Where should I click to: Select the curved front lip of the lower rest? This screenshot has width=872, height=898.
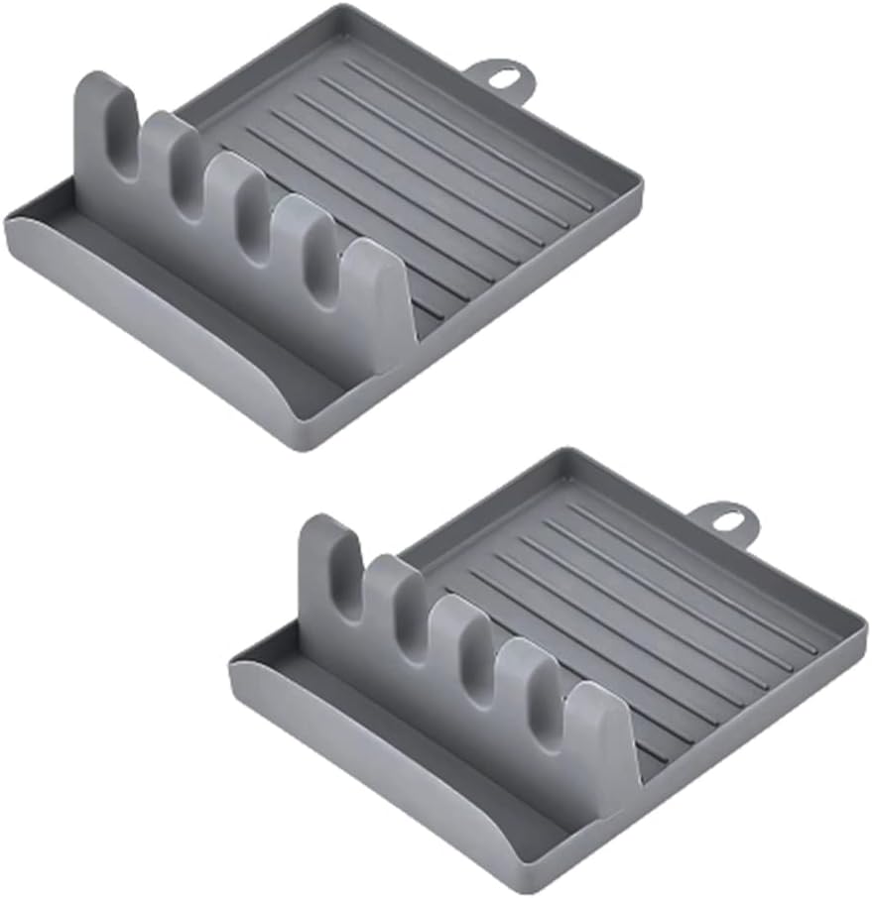(x=397, y=773)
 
